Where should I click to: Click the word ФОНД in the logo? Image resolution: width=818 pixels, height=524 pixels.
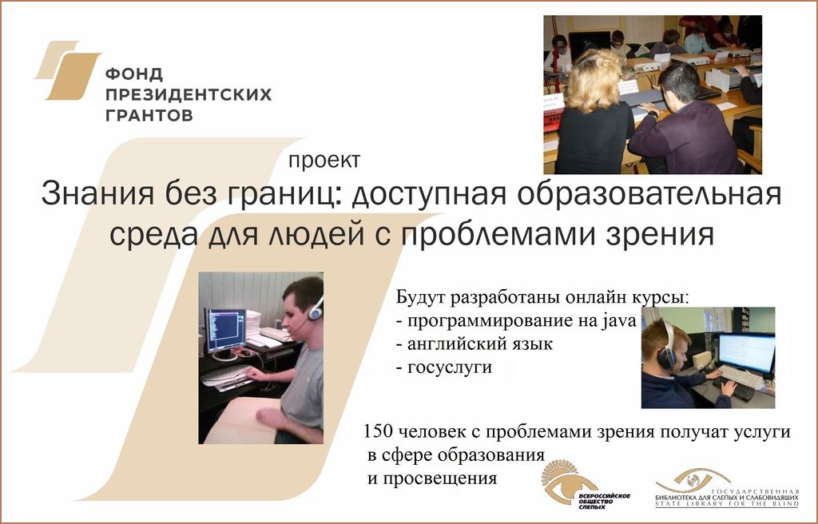pos(134,74)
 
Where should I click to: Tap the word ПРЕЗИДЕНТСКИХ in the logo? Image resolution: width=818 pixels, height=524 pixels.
pos(189,94)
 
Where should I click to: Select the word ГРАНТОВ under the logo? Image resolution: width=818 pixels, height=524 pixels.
pos(149,115)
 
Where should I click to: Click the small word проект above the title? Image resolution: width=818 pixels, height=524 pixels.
pos(324,161)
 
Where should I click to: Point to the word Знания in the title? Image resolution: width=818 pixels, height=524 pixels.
pos(97,193)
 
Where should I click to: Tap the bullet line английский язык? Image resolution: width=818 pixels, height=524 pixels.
pos(475,344)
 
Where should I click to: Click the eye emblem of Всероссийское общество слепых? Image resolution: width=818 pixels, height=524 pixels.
pos(563,482)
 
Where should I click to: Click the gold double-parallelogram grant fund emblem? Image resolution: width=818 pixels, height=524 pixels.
pos(68,70)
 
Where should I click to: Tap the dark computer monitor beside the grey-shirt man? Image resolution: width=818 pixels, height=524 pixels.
pos(224,330)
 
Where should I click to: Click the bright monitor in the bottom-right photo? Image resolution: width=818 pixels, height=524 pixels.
pos(747,352)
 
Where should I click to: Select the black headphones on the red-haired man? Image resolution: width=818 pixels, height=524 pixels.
pos(666,348)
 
